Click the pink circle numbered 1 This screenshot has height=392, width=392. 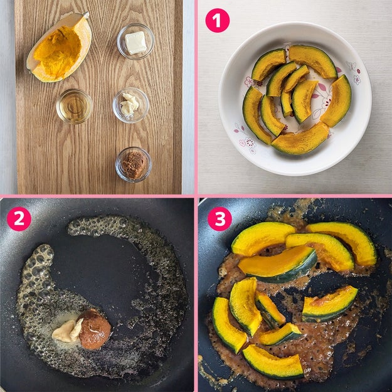click(217, 21)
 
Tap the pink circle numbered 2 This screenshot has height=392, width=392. click(19, 219)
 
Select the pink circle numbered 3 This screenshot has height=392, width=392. click(220, 219)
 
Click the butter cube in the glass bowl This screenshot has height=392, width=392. click(135, 43)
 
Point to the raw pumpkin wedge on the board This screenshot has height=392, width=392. click(60, 48)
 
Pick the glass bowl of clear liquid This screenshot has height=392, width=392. click(75, 107)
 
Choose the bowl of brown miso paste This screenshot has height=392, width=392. click(134, 164)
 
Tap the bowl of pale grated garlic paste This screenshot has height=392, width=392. click(130, 105)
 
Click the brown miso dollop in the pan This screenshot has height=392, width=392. click(95, 329)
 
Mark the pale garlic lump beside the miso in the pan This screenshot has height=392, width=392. click(67, 331)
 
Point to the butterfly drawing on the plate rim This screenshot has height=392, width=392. click(351, 65)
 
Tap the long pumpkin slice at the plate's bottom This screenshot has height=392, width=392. click(300, 139)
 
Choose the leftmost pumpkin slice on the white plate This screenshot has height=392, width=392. click(255, 115)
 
